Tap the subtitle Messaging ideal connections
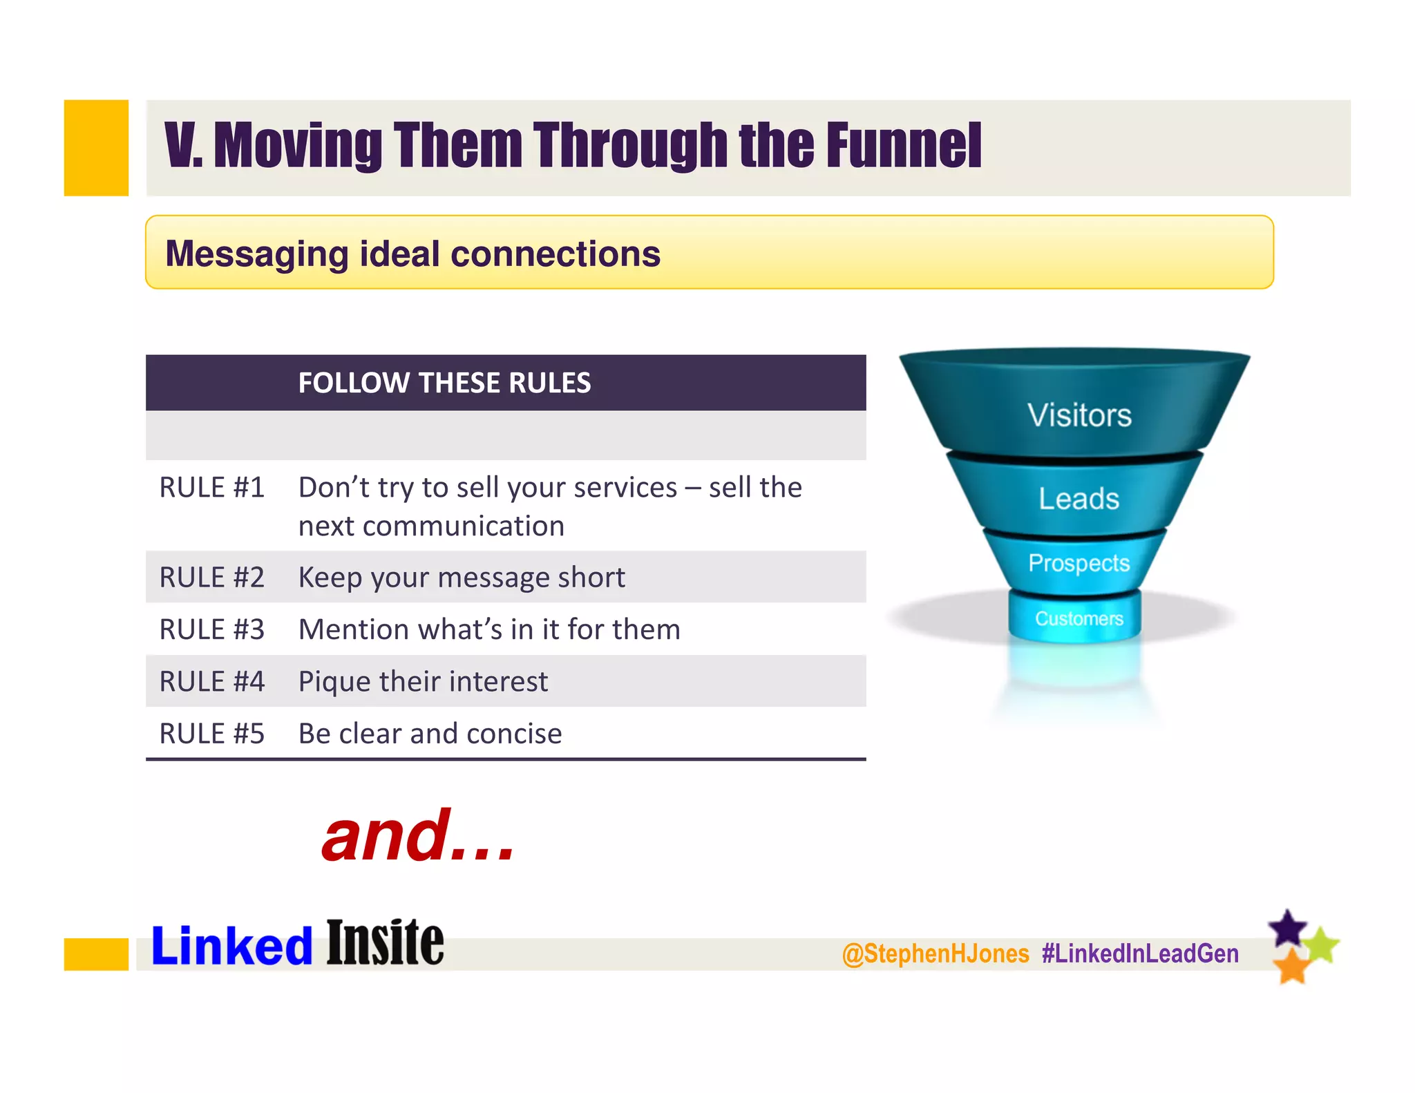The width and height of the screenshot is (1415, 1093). [x=412, y=254]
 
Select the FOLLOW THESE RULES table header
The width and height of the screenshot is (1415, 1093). [x=444, y=383]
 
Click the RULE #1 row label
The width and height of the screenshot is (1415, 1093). [x=211, y=488]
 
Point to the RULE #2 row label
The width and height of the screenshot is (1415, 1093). [x=211, y=578]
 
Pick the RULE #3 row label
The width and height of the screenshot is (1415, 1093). [x=211, y=629]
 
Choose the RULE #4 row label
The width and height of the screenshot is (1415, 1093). [x=211, y=681]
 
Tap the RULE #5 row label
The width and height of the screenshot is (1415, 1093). [x=211, y=734]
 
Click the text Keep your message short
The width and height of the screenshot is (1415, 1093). [x=462, y=578]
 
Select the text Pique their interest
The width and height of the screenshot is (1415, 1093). [x=423, y=681]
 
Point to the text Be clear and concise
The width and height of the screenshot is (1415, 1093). [x=430, y=734]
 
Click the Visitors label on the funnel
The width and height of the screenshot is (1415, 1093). [x=1079, y=415]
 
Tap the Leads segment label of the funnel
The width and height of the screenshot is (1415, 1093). [x=1079, y=499]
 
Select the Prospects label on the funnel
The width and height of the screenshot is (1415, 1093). [x=1079, y=563]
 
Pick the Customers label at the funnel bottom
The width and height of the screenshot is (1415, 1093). [x=1079, y=618]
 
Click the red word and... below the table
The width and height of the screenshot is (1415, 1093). [x=418, y=837]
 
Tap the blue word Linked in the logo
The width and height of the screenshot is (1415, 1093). [x=232, y=946]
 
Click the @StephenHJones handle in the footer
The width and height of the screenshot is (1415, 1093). [x=936, y=953]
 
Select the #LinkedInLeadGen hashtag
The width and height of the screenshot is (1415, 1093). [x=1140, y=953]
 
